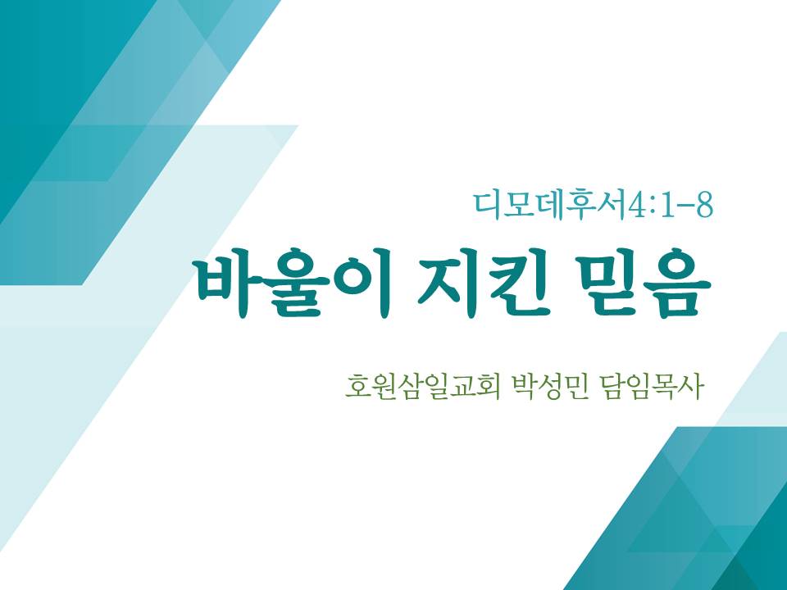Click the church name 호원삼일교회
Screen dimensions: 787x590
coord(423,388)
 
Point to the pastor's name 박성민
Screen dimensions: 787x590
coord(548,388)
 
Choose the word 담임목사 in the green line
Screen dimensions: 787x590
coord(650,388)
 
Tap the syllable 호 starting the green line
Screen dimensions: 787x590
coord(358,388)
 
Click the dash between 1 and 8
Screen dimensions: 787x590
coord(685,206)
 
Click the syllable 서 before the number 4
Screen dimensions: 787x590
coord(611,205)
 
